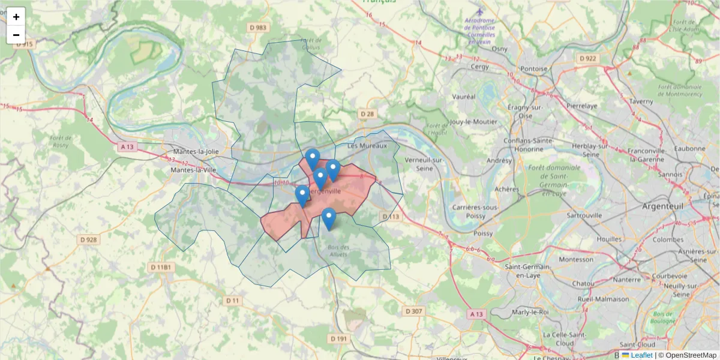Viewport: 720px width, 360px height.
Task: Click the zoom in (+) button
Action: (16, 17)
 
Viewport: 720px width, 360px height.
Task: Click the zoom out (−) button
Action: (16, 35)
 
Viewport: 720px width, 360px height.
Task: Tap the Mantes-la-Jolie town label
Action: (196, 152)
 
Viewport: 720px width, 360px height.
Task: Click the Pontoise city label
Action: (534, 69)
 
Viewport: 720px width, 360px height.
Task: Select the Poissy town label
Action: (483, 233)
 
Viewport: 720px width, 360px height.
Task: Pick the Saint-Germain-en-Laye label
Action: (529, 271)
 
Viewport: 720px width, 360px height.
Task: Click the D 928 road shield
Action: (88, 240)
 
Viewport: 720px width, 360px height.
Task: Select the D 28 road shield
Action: (367, 114)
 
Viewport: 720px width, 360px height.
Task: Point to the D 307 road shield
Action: (414, 311)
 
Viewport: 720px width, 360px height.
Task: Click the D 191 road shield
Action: (339, 339)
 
